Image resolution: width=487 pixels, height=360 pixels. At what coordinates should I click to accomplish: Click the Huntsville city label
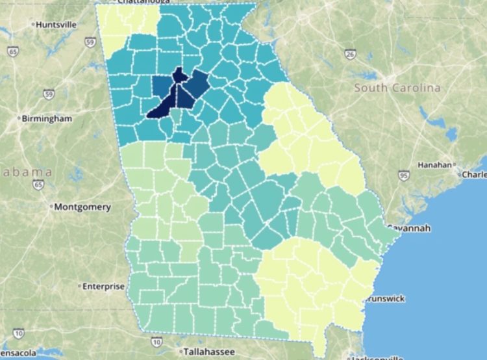(x=56, y=24)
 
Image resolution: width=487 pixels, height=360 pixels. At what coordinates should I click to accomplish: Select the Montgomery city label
(x=82, y=207)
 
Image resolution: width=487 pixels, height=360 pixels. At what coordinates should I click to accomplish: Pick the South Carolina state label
(x=397, y=88)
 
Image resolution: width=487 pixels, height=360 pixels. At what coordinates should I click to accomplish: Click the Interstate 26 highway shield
(x=349, y=55)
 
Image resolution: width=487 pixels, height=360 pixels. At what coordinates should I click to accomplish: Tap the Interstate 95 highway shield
(x=404, y=175)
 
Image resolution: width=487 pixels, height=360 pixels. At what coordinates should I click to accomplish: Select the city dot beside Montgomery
(x=51, y=207)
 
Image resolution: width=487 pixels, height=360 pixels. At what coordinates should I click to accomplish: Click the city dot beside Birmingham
(x=19, y=119)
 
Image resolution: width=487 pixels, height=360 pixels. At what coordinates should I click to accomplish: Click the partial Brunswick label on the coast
(x=386, y=298)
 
